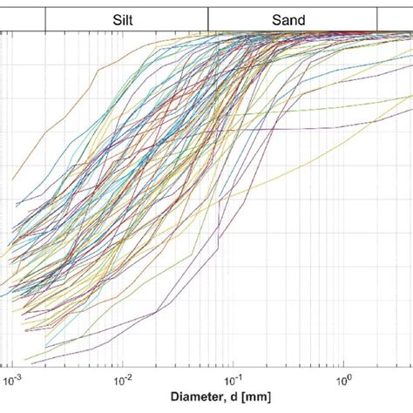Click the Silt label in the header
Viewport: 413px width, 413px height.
[125, 17]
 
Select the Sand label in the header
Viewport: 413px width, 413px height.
[293, 17]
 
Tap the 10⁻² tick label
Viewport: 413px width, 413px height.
[123, 380]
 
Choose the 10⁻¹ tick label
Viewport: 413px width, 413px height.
[234, 380]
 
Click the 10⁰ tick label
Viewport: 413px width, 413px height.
[344, 380]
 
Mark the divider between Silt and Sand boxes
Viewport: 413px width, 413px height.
[209, 17]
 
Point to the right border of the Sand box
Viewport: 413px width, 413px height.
[377, 17]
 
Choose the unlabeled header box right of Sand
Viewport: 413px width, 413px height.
[395, 17]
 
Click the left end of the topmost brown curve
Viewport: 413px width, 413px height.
[12, 179]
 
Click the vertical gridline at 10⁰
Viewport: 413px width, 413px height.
[345, 218]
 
